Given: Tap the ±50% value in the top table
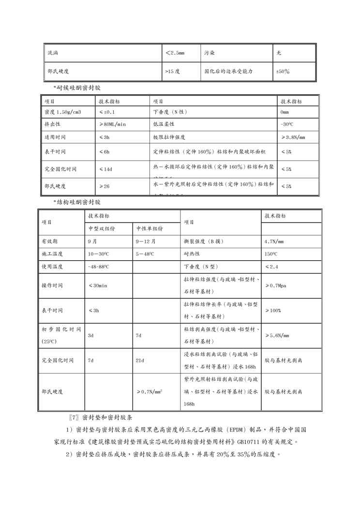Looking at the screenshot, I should pyautogui.click(x=283, y=71).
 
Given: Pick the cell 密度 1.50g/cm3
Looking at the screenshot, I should pyautogui.click(x=62, y=112).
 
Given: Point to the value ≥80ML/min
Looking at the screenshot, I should pyautogui.click(x=112, y=124).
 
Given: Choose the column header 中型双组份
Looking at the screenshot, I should pyautogui.click(x=102, y=228).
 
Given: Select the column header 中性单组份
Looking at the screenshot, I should pyautogui.click(x=150, y=228).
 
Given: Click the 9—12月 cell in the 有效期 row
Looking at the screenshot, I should pyautogui.click(x=146, y=241).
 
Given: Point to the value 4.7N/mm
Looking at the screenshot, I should pyautogui.click(x=274, y=241).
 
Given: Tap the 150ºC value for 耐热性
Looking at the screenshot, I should pyautogui.click(x=271, y=254).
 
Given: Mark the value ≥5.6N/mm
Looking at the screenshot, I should pyautogui.click(x=277, y=335).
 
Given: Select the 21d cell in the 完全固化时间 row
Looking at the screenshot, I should pyautogui.click(x=140, y=360).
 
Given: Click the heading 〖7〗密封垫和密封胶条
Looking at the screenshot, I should pyautogui.click(x=105, y=417).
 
